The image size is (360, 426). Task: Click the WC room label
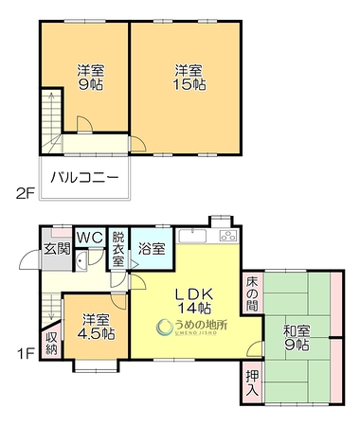[x=90, y=238]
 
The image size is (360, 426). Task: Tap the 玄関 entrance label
[x=57, y=249]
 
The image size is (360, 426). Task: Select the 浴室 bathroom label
[x=152, y=249]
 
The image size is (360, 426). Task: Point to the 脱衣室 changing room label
[x=118, y=249]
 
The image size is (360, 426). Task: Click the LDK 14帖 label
[x=194, y=301]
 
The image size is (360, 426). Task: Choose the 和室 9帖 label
[x=297, y=338]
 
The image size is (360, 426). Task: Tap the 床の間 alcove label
[x=252, y=293]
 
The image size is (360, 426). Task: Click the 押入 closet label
[x=252, y=382]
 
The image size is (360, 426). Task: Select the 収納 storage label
[x=51, y=343]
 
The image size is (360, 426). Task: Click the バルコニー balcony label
[x=85, y=177]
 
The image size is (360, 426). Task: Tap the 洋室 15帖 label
[x=189, y=78]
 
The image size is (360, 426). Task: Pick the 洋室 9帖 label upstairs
[x=91, y=78]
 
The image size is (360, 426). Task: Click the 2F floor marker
[x=26, y=193]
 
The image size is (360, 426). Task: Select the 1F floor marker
[x=26, y=354]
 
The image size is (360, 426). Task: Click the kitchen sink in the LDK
[x=192, y=236]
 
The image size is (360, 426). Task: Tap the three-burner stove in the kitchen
[x=228, y=236]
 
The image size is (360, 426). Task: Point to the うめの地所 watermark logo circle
[x=164, y=327]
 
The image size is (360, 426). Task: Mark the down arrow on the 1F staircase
[x=51, y=307]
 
